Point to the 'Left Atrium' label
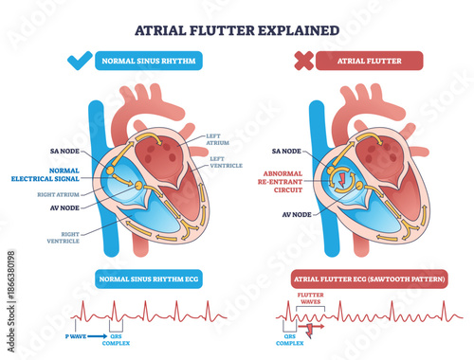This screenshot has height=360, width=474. pos(218,138)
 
